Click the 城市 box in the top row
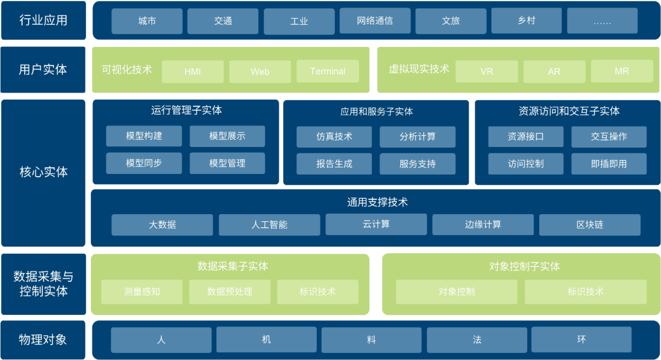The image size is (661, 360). click(147, 21)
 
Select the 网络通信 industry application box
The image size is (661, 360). click(375, 21)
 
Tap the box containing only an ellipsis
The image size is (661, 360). click(602, 21)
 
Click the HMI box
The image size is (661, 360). click(193, 72)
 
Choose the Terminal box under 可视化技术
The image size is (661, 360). click(328, 72)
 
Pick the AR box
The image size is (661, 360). click(554, 72)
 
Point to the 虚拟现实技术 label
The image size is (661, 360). click(419, 69)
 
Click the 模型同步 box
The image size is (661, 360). click(144, 163)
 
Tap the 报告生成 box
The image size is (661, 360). click(334, 164)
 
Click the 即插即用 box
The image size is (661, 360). click(609, 164)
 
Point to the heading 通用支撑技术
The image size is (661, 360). click(377, 203)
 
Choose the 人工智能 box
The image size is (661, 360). click(269, 225)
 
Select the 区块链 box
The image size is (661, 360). click(589, 225)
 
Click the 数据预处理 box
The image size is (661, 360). click(230, 292)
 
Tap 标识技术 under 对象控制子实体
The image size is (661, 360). click(586, 292)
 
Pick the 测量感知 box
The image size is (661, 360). click(142, 292)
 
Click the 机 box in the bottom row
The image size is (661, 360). click(267, 340)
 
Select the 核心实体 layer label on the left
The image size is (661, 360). click(43, 172)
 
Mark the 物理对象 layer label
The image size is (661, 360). click(43, 340)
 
